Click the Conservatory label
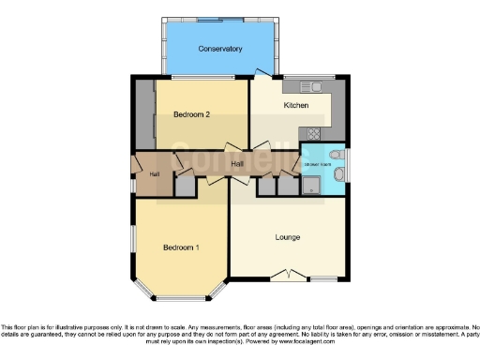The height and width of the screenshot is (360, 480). coord(220,49)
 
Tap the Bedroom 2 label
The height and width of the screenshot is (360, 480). coord(191,114)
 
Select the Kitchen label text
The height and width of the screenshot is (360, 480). coord(296,106)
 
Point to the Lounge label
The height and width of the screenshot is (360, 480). coord(289,237)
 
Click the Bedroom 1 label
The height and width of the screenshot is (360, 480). coord(181,247)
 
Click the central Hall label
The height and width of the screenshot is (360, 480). coord(238,164)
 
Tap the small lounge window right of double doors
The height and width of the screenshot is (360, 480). coord(325,279)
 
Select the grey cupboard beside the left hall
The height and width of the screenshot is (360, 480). coord(184,187)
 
